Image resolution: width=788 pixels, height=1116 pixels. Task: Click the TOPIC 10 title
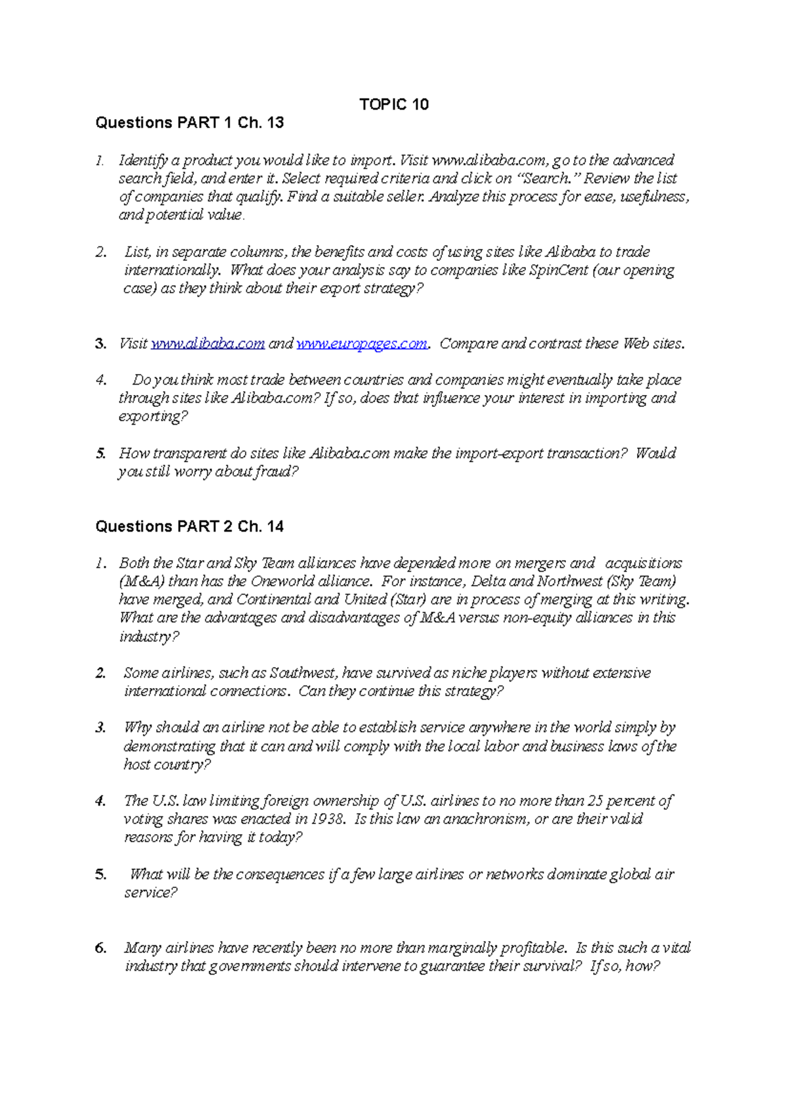[394, 105]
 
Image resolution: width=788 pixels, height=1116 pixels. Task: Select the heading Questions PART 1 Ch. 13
[189, 123]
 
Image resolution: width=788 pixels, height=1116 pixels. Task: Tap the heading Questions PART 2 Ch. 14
[189, 526]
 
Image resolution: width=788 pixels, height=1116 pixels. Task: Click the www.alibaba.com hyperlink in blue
[208, 344]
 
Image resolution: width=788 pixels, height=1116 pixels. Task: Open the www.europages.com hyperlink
[362, 344]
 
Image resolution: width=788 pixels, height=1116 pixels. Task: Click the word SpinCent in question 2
[558, 270]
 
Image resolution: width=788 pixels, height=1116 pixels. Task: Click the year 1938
[326, 819]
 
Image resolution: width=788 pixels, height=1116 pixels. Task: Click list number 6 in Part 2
[100, 948]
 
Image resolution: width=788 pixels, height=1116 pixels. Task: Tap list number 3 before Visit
[100, 344]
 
